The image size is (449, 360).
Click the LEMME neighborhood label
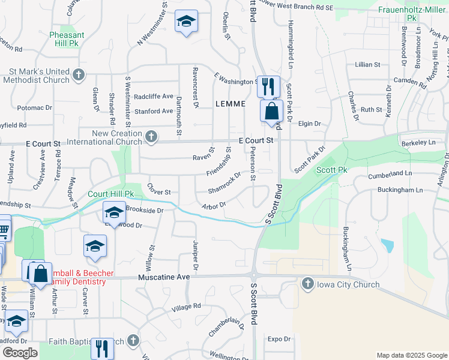tap(231, 104)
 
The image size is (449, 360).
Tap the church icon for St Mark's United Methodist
tap(77, 75)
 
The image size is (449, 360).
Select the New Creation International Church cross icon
tap(151, 137)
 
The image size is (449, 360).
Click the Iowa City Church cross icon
tap(308, 284)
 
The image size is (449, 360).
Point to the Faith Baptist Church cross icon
tap(133, 341)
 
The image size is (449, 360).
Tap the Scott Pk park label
tap(332, 170)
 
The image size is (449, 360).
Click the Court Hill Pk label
tap(110, 194)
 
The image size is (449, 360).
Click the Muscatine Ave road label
tap(164, 278)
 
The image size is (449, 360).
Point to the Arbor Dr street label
tap(214, 206)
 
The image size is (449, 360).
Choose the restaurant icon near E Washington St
tap(268, 86)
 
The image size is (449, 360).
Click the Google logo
tap(19, 353)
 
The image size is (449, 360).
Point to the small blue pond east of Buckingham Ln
tap(388, 245)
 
